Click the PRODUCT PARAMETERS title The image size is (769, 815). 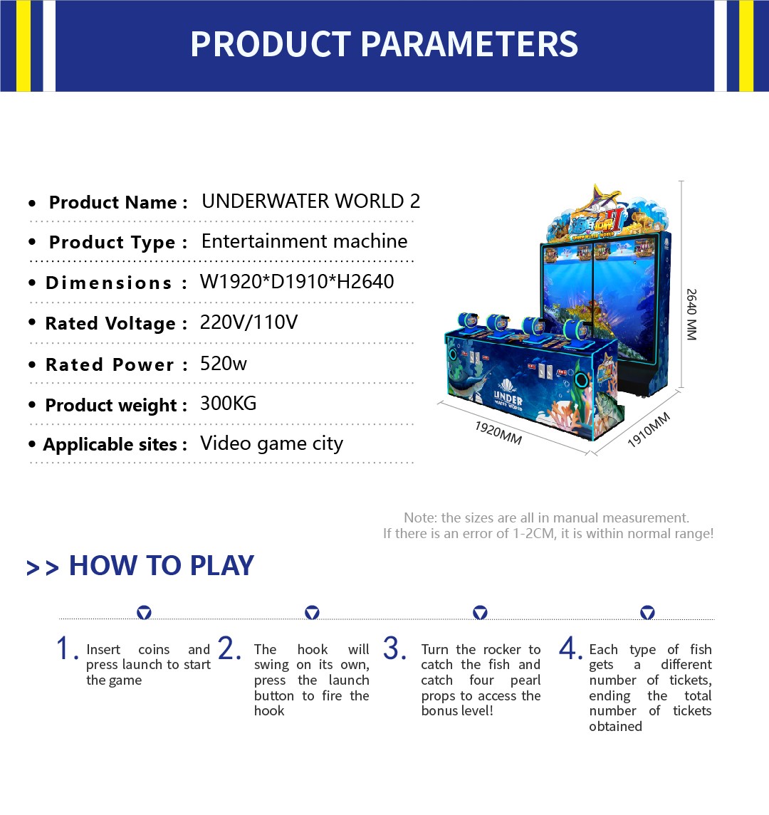click(384, 43)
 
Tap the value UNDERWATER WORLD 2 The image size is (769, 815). click(311, 201)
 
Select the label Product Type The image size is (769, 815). click(112, 242)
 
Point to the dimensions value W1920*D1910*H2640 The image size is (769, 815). click(297, 282)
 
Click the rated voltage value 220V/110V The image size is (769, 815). click(249, 322)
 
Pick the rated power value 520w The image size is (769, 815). click(224, 363)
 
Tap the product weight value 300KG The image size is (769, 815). click(229, 404)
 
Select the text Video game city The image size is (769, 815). click(271, 444)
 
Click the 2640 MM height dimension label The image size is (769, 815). click(691, 315)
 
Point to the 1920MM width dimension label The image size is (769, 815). click(498, 433)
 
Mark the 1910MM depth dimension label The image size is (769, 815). click(649, 430)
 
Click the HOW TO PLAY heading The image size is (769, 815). click(162, 565)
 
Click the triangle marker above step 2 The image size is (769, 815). click(312, 613)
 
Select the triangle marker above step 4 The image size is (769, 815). click(647, 613)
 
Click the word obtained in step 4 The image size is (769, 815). click(616, 726)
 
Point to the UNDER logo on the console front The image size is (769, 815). click(508, 399)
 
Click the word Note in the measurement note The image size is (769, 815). click(419, 517)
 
